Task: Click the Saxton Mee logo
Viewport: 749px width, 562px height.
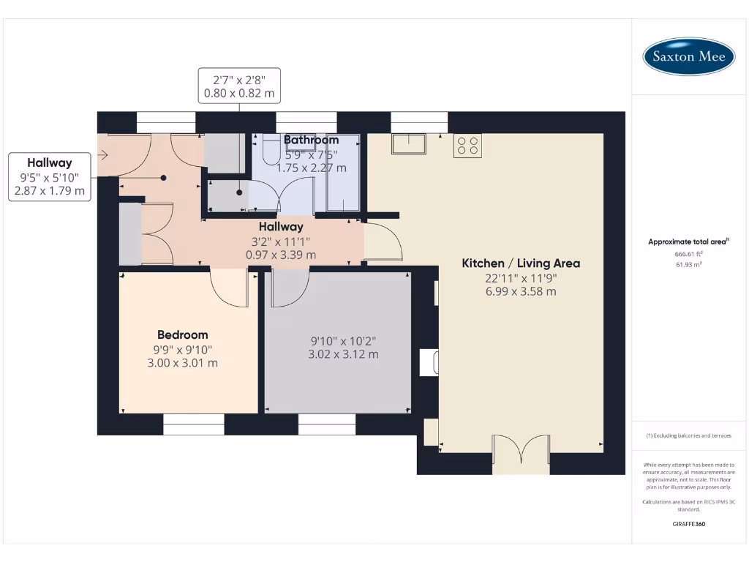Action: (x=688, y=56)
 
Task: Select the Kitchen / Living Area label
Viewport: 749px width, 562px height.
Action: (x=521, y=263)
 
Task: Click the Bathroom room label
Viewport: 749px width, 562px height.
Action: (x=312, y=140)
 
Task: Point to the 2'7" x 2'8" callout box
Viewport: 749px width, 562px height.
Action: (x=238, y=86)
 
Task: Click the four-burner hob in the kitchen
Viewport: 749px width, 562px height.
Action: (x=467, y=146)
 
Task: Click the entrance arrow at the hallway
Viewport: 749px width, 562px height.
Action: (x=102, y=155)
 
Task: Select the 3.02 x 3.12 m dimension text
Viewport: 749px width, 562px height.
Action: (x=343, y=354)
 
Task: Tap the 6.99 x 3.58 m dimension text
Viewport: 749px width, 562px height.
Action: (x=520, y=291)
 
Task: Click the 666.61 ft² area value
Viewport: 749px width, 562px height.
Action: (x=688, y=254)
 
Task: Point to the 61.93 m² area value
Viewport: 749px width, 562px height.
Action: (x=688, y=264)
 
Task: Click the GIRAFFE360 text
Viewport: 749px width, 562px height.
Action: (x=688, y=524)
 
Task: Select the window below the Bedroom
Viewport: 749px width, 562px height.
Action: (x=193, y=424)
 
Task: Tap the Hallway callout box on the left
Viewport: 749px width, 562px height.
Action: (x=50, y=177)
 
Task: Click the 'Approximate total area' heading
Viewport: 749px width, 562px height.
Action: (x=688, y=241)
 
